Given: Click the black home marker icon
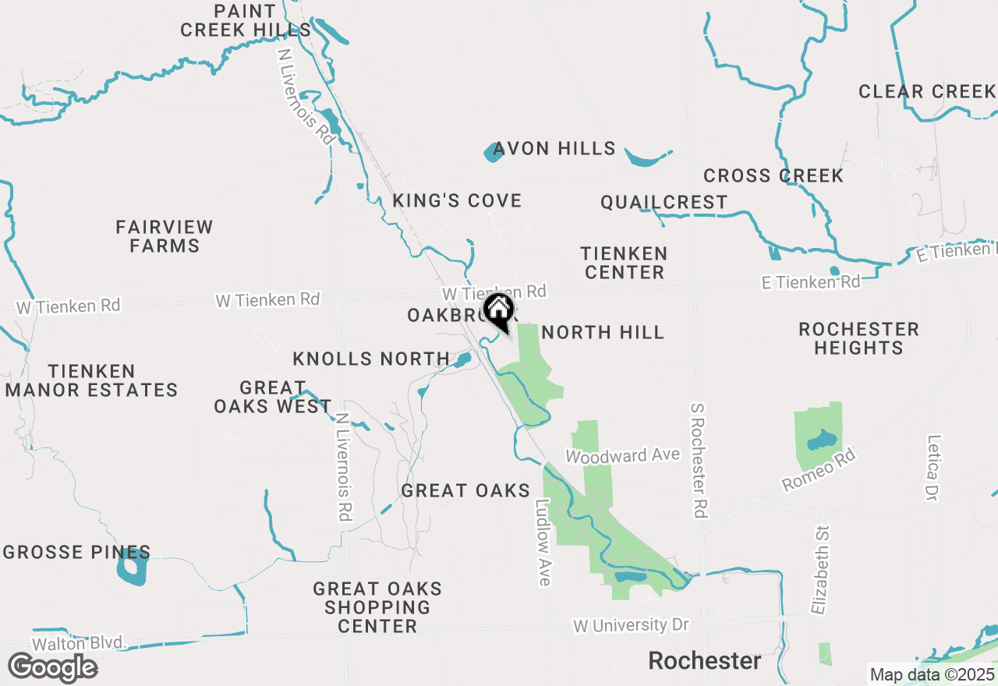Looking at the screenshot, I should coord(498,310).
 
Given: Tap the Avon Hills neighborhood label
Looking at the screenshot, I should coord(554,148).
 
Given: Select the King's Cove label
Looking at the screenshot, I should coord(457,200).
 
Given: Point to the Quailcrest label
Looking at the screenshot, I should coord(664,203).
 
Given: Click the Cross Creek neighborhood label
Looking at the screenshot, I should coord(773,176).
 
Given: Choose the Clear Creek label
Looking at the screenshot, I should coord(927,92).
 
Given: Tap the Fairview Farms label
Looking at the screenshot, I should coord(165,236).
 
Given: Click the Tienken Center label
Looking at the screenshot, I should coord(625,263).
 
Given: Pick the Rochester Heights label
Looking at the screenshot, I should coord(858,338).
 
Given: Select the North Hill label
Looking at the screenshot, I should coord(603,333).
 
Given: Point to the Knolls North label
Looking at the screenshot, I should coord(371,359).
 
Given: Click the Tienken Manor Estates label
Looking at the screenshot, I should coord(91,380).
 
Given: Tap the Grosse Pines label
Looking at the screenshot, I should coord(76,553).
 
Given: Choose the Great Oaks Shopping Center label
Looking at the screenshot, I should coord(377,607).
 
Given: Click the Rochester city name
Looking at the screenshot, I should coord(705,661).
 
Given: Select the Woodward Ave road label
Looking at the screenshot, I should coord(623,455).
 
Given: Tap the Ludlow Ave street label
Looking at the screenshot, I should coord(543,543).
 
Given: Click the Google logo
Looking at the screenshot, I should coord(52,668).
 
